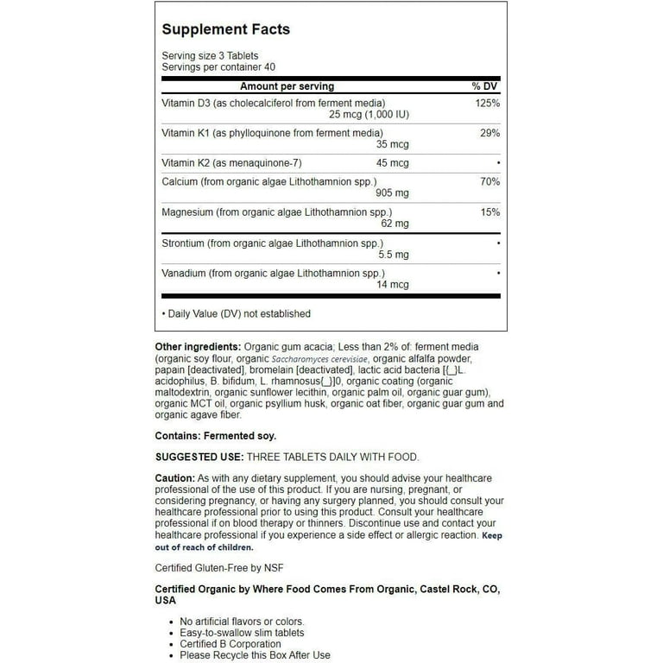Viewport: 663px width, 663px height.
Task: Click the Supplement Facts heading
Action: (x=226, y=29)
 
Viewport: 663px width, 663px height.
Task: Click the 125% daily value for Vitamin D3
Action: (x=488, y=103)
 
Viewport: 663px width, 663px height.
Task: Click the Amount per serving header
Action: (x=287, y=86)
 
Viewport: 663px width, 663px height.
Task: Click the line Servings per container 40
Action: (x=218, y=66)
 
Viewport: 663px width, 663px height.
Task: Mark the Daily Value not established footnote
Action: (x=237, y=313)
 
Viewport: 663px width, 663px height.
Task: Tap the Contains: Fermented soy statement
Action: (x=216, y=436)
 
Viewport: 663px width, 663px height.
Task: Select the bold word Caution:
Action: (x=174, y=478)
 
